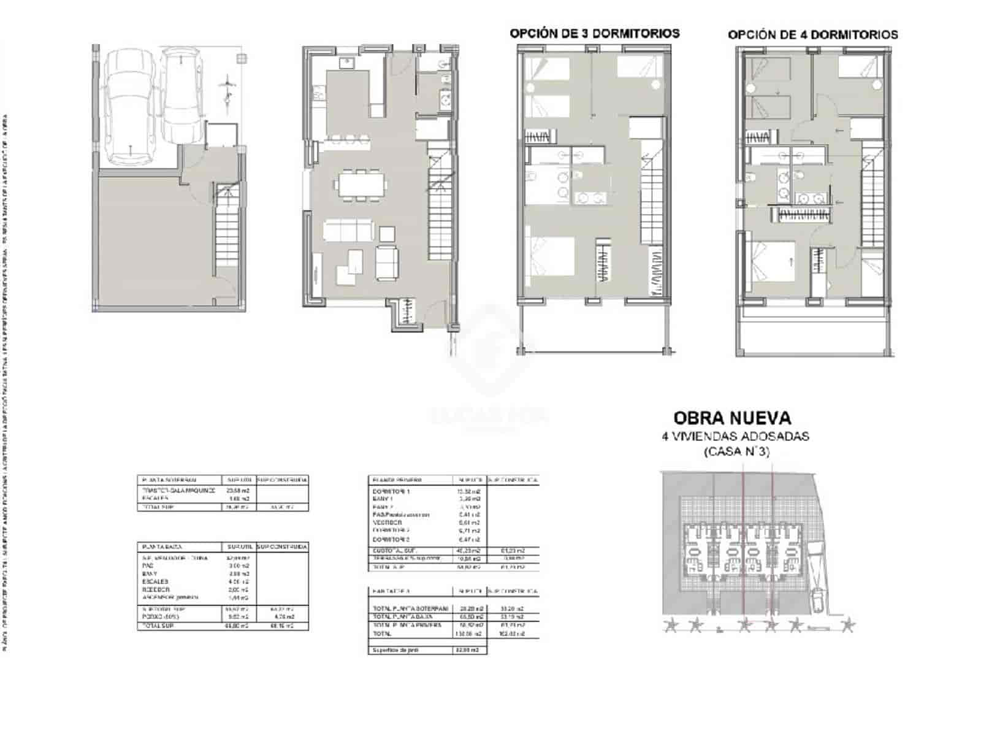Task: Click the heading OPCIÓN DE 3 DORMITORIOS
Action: tap(594, 34)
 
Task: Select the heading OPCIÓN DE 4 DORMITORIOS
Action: tap(812, 35)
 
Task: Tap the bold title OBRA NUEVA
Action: tap(732, 418)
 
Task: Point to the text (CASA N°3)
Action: tap(735, 452)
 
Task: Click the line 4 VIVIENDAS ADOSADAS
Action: tap(735, 437)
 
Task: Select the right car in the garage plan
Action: tap(182, 95)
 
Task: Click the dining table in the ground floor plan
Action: tap(361, 183)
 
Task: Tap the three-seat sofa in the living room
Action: tap(349, 231)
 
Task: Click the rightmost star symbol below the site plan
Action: tap(848, 626)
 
